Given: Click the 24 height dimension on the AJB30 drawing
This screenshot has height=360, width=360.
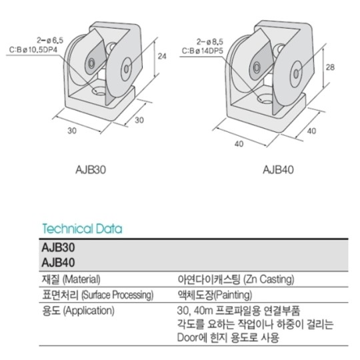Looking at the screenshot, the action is pos(162,56).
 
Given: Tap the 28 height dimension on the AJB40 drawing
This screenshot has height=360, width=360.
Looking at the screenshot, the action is pos(330,67).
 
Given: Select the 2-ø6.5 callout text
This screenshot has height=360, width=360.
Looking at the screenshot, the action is pos(50,41).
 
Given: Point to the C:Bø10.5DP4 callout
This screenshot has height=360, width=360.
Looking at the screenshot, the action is pos(33,49).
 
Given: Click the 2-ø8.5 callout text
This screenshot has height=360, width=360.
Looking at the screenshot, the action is pos(209,42).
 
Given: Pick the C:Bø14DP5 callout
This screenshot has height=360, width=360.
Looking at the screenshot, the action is pos(203,51).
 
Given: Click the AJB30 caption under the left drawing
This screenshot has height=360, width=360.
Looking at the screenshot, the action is pos(91,170).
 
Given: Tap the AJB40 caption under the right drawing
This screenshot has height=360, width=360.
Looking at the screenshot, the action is pos(278,170).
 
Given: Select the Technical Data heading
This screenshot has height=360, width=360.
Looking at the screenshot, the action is pos(82,229).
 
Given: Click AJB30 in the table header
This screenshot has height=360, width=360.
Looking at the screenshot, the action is pos(58,247).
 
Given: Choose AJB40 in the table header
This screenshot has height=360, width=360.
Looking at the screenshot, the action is pos(58,263).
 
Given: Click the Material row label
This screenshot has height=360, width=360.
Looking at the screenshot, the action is pos(71,279).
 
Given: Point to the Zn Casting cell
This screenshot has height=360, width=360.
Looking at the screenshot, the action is pos(236,279).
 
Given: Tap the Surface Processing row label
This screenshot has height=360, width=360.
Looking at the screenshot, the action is pos(98,295).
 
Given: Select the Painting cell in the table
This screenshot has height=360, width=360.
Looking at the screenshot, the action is pos(215,295).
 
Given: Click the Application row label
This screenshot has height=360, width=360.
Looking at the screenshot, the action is pos(78,311).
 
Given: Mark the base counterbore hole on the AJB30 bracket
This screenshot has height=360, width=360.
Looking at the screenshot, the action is pos(99,91).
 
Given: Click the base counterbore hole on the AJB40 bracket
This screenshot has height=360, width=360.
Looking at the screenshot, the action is pos(265,99).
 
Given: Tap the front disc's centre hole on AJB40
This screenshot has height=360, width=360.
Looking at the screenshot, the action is pos(296,74).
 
